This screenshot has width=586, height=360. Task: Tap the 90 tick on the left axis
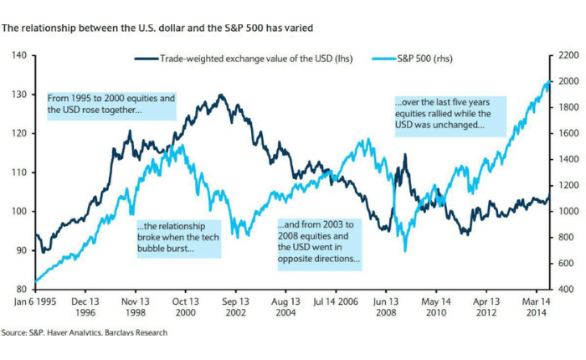[x=22, y=250]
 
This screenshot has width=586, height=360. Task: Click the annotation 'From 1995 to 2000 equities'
[x=111, y=104]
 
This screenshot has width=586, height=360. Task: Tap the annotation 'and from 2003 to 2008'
[x=319, y=243]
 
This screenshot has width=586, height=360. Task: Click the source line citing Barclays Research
[x=85, y=332]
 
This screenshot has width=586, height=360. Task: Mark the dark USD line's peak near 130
[x=220, y=95]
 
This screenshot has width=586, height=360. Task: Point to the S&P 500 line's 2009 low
[x=405, y=249]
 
